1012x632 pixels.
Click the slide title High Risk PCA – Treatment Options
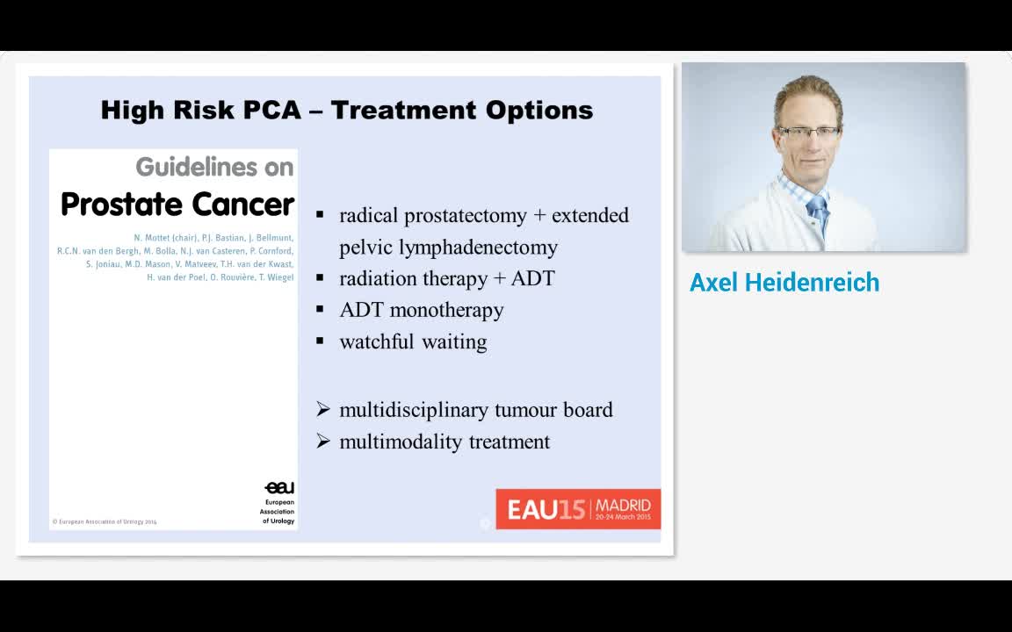pos(347,111)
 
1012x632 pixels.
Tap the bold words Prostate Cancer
pos(177,205)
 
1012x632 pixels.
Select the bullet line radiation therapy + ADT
pos(446,279)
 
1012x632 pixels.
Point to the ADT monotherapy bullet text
pos(422,311)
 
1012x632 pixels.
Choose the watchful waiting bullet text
pos(413,342)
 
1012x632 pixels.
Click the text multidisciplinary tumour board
pos(475,410)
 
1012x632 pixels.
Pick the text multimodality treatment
pos(445,442)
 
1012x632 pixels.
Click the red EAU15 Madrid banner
pos(578,509)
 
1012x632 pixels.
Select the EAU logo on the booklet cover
pos(279,488)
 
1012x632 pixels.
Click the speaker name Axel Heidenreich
pos(784,283)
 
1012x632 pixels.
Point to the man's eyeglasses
pos(807,133)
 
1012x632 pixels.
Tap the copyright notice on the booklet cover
pos(104,521)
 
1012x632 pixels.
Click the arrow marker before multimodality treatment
pos(322,442)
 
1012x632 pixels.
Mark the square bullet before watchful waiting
pos(320,341)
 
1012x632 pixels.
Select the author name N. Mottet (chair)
pos(165,238)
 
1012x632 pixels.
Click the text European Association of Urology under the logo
pos(277,512)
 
